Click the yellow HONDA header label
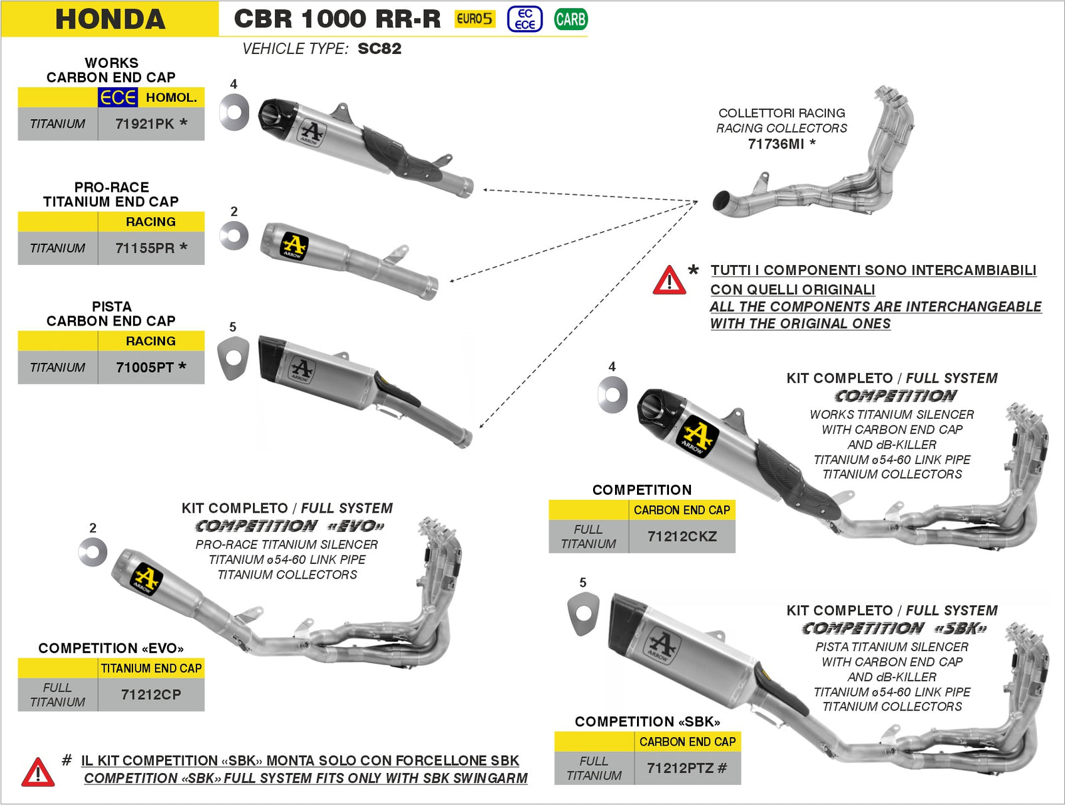pos(110,19)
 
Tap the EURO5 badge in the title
pos(475,19)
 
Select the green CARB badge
pos(570,19)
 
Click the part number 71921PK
pos(144,124)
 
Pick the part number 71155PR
pos(144,248)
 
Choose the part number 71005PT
pos(144,368)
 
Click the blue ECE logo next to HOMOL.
pos(118,98)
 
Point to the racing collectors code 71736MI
pos(775,144)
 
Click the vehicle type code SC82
pos(379,49)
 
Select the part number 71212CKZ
pos(682,537)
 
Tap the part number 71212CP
pos(151,694)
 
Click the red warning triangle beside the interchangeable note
pos(669,280)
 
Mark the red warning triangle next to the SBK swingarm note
pos(38,772)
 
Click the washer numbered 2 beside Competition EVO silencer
pos(93,552)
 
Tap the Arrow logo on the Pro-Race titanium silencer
pos(294,246)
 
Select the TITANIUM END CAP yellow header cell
pos(151,669)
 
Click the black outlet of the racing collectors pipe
pos(721,200)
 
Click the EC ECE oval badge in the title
pos(525,19)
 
